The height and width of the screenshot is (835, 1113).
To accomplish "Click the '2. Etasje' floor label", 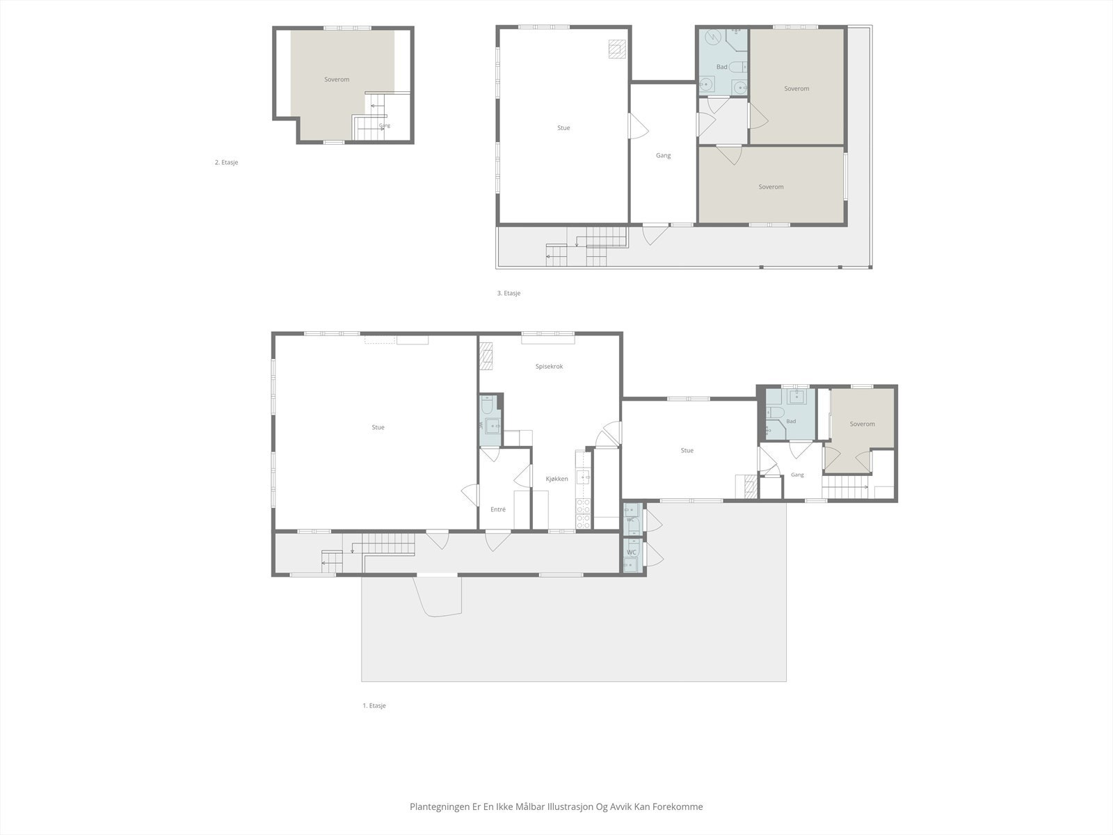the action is click(226, 162).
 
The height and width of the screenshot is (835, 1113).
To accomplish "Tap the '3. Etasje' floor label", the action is click(509, 293).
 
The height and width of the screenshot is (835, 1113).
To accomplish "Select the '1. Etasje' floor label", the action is click(374, 706).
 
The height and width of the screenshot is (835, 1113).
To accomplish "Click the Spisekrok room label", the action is click(549, 367).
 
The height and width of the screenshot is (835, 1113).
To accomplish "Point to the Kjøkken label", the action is click(556, 479).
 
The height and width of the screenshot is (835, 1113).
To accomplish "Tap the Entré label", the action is click(498, 509).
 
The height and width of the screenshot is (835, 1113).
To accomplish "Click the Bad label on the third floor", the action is click(722, 67).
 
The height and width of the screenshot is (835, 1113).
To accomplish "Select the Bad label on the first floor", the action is click(791, 421).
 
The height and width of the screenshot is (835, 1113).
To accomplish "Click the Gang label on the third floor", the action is click(663, 156).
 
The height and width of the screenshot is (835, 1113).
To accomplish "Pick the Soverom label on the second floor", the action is click(337, 79).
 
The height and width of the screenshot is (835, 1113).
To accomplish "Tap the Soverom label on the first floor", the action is click(862, 424).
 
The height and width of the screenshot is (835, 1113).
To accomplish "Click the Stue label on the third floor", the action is click(563, 128).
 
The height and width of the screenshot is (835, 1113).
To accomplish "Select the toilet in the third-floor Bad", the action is click(739, 66).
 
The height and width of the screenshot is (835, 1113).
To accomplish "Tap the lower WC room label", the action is click(632, 552).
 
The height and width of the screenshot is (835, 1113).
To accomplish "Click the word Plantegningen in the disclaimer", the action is click(440, 806).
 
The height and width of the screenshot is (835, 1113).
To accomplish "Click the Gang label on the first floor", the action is click(797, 475).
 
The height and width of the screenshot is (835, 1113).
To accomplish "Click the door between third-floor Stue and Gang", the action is click(635, 126).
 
